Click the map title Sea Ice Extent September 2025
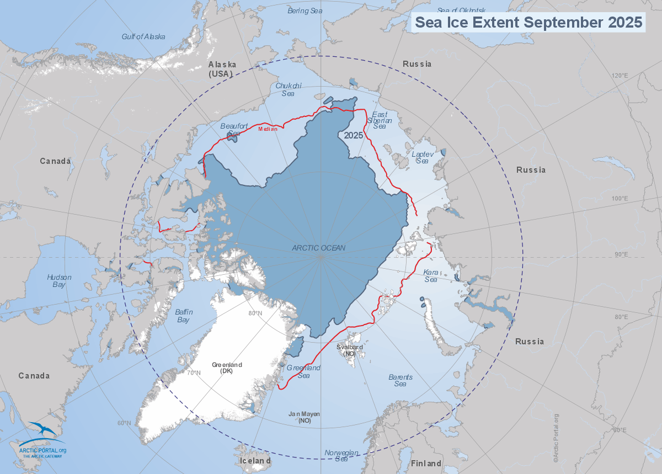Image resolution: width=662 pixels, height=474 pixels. pos(528,23)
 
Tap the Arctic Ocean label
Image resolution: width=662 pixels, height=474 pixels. pos(318,248)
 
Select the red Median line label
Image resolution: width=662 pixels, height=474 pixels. pos(268,129)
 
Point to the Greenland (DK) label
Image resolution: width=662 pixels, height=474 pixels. pos(227,368)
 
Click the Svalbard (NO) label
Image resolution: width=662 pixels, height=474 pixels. pos(350,350)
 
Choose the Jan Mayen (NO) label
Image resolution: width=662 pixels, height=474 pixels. pos(304,417)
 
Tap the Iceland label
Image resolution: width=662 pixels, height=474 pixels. pos(254,460)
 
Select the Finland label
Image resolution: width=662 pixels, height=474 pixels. pos(426,463)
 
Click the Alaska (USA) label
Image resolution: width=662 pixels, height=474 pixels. pos(222,69)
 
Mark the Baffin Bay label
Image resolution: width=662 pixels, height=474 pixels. pos(182,316)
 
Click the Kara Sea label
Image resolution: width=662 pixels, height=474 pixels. pos(430,276)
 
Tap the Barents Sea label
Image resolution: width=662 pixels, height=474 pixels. pos(401,380)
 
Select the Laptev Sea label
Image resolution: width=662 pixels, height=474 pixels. pos(421,157)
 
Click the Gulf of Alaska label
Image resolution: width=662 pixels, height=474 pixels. pos(143,37)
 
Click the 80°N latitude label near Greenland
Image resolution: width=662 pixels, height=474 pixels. pos(255,314)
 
